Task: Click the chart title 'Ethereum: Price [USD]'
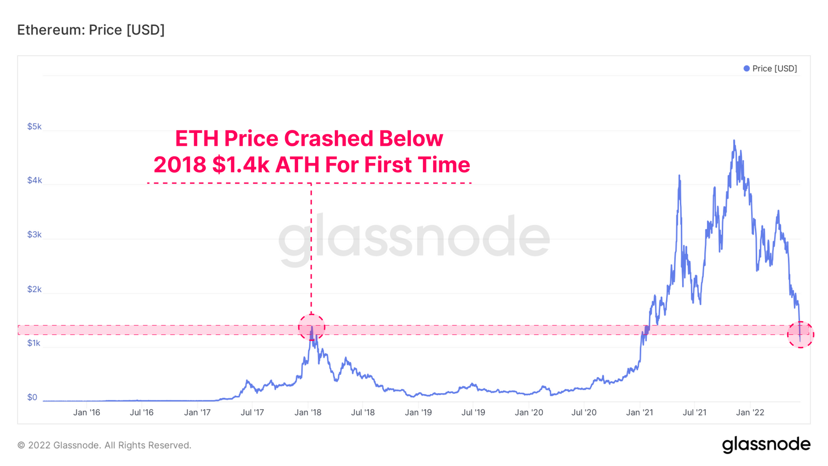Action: tap(91, 30)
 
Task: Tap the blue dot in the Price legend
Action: tap(746, 68)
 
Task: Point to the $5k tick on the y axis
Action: tap(34, 127)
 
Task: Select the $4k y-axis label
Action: tap(34, 181)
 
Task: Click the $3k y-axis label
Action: tap(34, 235)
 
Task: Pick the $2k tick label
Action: tap(34, 289)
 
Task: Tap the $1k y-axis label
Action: tap(34, 343)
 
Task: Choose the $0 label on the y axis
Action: tap(32, 397)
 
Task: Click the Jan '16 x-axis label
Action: tap(86, 412)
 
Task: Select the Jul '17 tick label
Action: tap(252, 412)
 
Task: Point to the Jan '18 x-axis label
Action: tap(308, 412)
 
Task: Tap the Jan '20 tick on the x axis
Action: tap(529, 412)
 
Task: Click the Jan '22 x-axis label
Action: tap(750, 412)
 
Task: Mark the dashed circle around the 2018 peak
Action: tap(312, 327)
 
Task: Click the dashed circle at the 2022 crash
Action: tap(801, 335)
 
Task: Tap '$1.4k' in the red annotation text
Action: tap(241, 165)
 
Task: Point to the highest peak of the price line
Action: tap(734, 140)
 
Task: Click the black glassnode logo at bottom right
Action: tap(766, 445)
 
